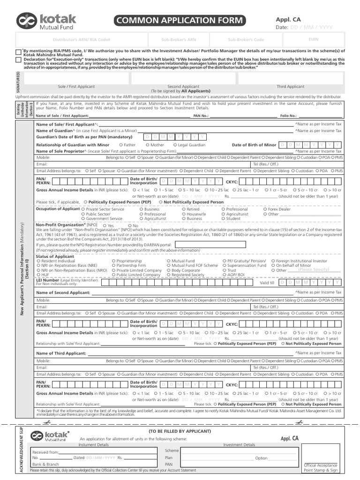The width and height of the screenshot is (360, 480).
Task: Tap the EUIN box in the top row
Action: pos(314,40)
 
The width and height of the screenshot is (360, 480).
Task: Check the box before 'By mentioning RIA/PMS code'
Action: pos(18,52)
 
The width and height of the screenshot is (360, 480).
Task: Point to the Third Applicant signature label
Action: pos(290,87)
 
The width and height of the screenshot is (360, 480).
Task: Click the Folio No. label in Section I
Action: pos(288,115)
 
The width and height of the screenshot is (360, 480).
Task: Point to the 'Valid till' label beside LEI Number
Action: pos(267,283)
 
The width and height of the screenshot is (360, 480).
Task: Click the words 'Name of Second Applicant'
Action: pos(63,292)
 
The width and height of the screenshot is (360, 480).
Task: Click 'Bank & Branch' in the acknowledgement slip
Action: pos(45,464)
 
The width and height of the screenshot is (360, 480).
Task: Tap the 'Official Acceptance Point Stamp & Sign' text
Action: pos(321,467)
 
